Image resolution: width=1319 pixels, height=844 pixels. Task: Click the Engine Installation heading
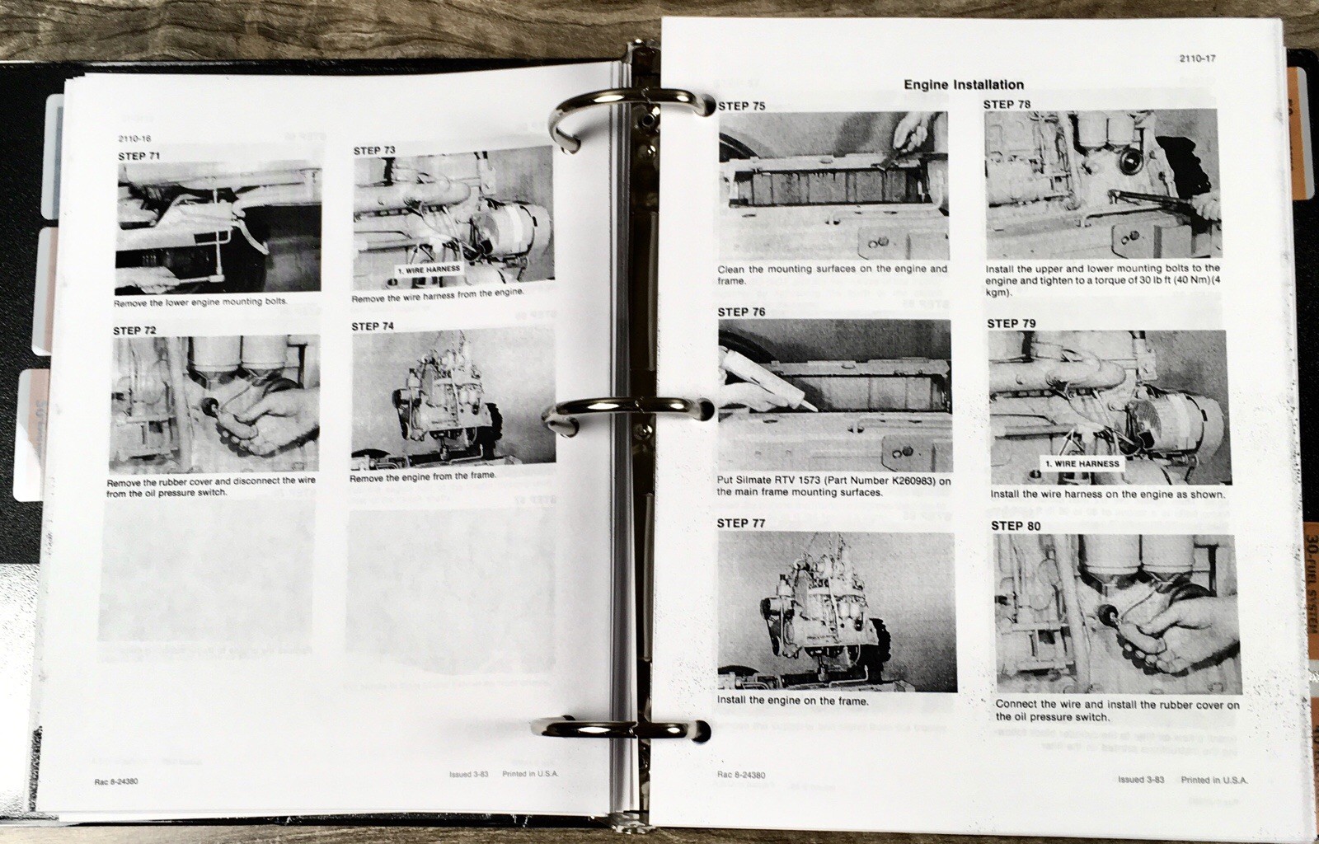964,85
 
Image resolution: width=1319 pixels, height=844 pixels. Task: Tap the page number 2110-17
1198,59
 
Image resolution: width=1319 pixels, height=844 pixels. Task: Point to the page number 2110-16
134,139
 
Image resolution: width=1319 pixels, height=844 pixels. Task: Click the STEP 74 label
373,326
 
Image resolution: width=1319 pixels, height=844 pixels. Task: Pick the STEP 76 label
741,312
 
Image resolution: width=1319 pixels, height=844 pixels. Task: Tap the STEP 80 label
1016,526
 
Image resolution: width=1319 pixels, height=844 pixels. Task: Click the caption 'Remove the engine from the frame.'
422,477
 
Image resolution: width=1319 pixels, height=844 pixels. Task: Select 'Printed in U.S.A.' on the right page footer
1213,780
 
